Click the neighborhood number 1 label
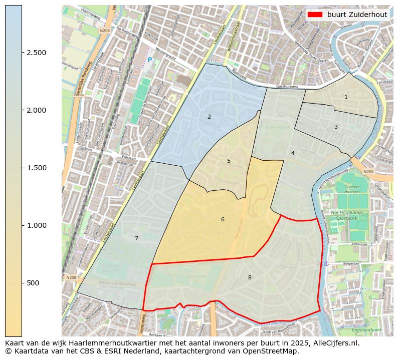[346, 97]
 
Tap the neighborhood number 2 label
[209, 117]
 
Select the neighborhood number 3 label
[336, 127]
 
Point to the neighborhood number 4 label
[293, 153]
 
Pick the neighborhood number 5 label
[229, 161]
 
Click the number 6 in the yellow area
[223, 219]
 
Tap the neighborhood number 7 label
[136, 238]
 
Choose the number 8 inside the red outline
[250, 277]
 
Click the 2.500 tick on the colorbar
[36, 53]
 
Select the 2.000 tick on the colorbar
[36, 110]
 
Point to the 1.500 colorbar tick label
[36, 168]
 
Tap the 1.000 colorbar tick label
[36, 225]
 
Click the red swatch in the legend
[315, 15]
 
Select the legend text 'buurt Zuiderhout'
[357, 15]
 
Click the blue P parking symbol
[149, 60]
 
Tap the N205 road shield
[368, 172]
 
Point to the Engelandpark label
[366, 330]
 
